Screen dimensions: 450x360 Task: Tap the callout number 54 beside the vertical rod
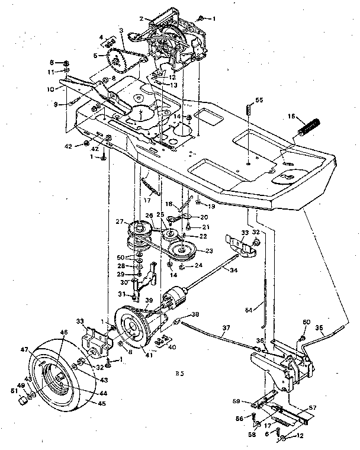(249, 309)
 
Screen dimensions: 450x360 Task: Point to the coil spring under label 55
(249, 110)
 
